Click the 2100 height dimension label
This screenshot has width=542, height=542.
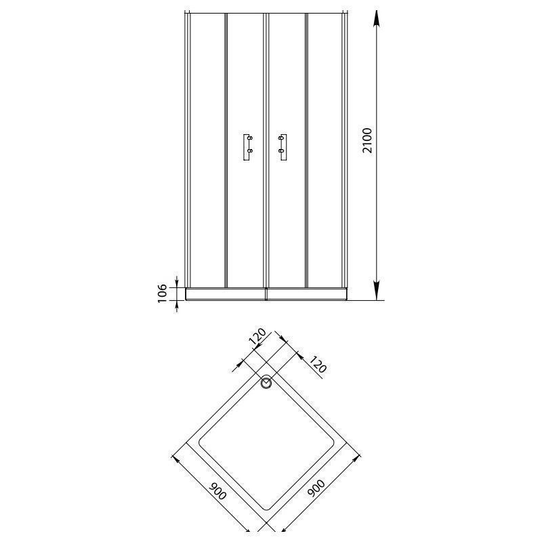point(367,140)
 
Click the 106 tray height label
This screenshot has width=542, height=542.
point(162,294)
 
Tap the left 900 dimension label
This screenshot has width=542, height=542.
point(217,491)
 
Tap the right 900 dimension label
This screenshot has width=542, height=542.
point(316,488)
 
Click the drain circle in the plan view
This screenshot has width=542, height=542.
point(266,383)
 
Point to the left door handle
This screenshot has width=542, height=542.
point(248,147)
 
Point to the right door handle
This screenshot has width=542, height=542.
point(283,147)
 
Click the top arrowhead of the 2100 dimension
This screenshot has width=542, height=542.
point(377,18)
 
